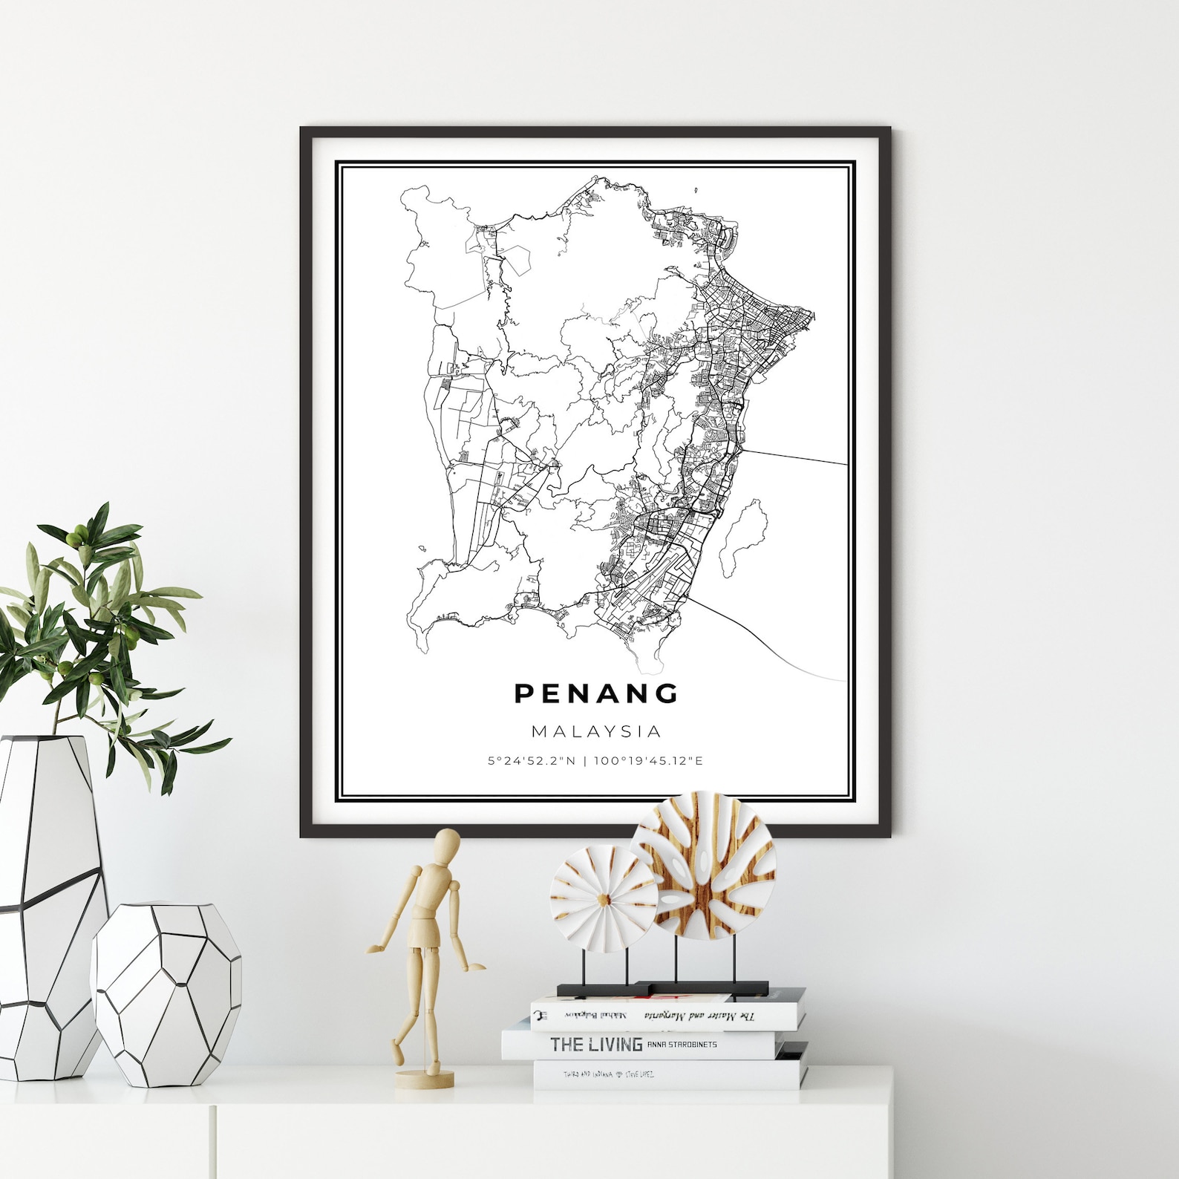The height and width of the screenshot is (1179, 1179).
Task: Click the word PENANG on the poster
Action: [596, 693]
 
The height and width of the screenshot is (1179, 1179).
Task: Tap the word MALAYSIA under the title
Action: [596, 731]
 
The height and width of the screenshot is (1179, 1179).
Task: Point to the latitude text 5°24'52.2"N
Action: [532, 761]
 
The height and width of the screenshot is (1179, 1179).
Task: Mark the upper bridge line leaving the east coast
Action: [794, 456]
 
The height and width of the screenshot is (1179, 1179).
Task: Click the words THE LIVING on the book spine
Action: [596, 1045]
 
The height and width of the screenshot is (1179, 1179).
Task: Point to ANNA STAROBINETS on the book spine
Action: [682, 1045]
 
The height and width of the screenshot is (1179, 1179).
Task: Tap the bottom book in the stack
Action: [668, 1074]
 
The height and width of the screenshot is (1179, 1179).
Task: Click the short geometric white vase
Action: [167, 992]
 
